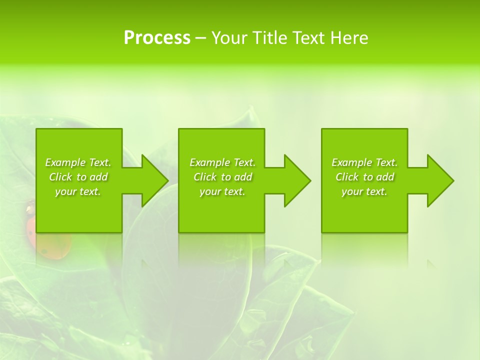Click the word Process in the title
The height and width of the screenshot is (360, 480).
[157, 38]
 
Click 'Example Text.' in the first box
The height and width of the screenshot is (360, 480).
[78, 162]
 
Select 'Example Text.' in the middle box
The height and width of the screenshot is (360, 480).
[222, 162]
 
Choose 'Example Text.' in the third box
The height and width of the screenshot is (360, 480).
[364, 162]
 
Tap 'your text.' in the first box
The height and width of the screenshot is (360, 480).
[78, 191]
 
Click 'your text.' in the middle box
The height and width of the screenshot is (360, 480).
[222, 191]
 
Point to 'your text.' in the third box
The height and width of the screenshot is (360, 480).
[364, 191]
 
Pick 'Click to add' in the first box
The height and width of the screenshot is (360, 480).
[78, 177]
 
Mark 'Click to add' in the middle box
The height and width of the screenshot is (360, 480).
[222, 177]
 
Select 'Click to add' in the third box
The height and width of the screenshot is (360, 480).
[364, 177]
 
